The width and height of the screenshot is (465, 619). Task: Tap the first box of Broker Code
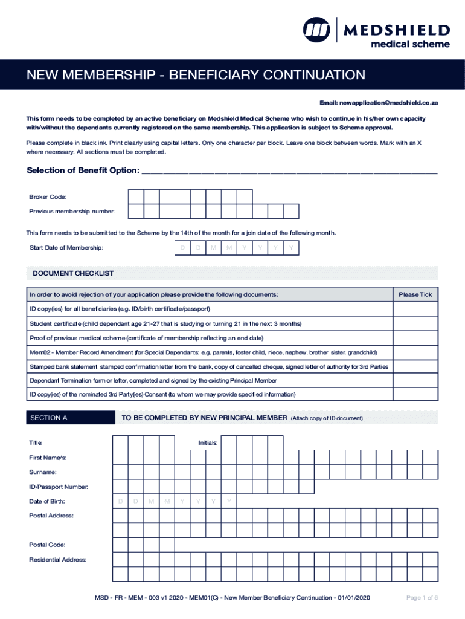click(135, 196)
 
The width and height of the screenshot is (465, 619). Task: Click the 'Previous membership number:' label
click(72, 211)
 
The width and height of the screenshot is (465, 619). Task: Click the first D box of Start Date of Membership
click(182, 248)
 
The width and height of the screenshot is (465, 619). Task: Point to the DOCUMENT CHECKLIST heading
click(73, 274)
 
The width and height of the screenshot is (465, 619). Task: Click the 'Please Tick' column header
click(415, 294)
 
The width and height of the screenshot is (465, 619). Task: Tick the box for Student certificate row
click(415, 323)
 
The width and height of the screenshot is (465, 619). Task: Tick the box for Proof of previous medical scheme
click(415, 337)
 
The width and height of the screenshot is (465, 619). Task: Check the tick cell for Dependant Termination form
click(415, 380)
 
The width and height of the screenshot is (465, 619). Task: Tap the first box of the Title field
click(120, 443)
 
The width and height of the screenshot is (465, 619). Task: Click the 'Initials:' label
click(208, 443)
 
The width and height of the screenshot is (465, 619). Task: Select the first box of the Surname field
click(120, 472)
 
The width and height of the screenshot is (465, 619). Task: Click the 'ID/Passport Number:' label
click(59, 487)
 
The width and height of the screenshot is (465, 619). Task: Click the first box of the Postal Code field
click(120, 545)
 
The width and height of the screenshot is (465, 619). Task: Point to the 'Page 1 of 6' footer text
click(422, 598)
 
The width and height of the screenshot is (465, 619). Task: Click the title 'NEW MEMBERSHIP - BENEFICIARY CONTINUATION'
click(195, 76)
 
